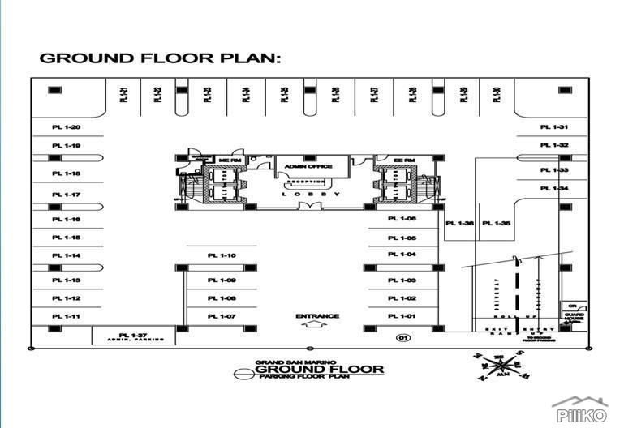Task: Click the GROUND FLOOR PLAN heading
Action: pos(160,58)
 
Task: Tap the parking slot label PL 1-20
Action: pos(66,128)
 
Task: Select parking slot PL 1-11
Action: pos(66,316)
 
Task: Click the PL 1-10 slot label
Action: pos(221,255)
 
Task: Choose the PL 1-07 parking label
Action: pos(221,316)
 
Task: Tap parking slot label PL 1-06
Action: pos(402,220)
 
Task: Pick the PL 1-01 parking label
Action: pos(402,316)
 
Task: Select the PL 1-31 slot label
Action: pos(553,128)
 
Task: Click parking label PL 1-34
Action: pos(553,188)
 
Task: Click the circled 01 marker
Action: pos(400,336)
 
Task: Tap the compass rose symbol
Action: pos(498,366)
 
